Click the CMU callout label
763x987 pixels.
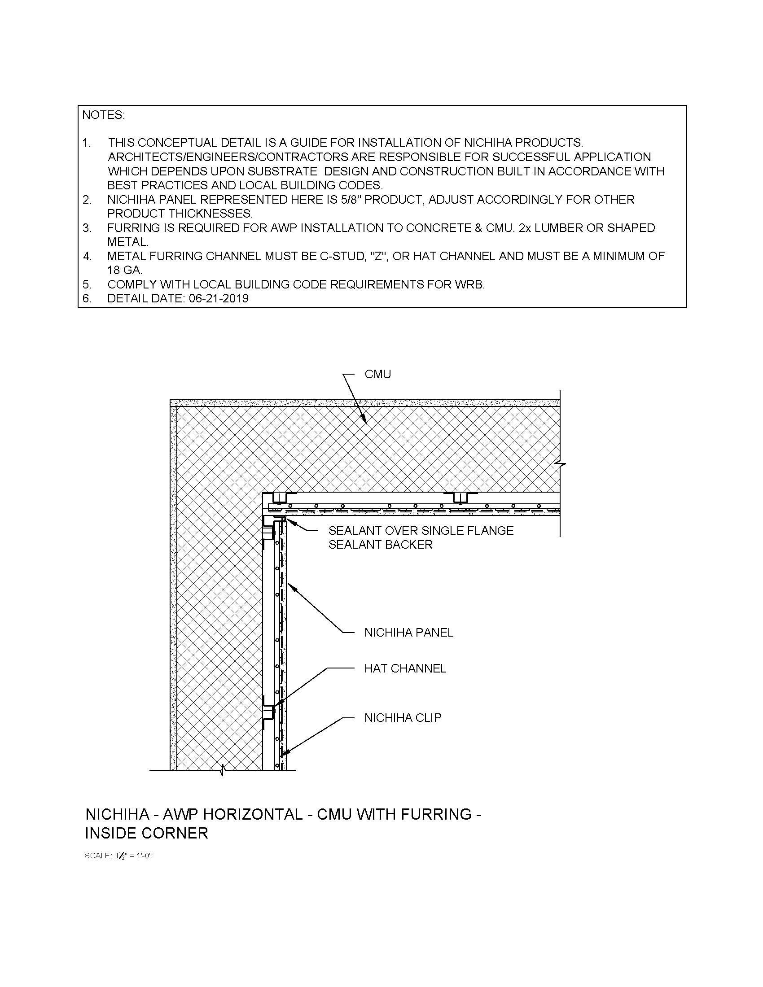pyautogui.click(x=377, y=374)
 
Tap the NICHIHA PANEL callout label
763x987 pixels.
pyautogui.click(x=408, y=633)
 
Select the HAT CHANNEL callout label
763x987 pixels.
pyautogui.click(x=405, y=668)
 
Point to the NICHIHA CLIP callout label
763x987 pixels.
pyautogui.click(x=403, y=718)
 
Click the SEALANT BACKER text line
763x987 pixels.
pyautogui.click(x=380, y=545)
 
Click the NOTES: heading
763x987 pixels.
pyautogui.click(x=103, y=115)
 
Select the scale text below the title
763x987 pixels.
pyautogui.click(x=118, y=856)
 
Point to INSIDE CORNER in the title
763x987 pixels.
pyautogui.click(x=146, y=833)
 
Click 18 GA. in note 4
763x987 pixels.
pyautogui.click(x=125, y=270)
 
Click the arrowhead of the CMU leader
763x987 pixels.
pyautogui.click(x=365, y=422)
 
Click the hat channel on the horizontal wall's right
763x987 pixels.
pyautogui.click(x=460, y=497)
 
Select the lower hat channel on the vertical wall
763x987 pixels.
pyautogui.click(x=268, y=713)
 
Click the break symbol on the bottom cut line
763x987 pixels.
pyautogui.click(x=222, y=769)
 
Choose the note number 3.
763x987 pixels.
pyautogui.click(x=87, y=228)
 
